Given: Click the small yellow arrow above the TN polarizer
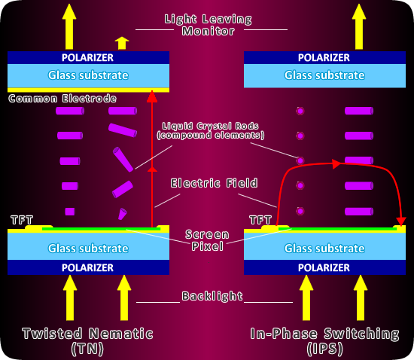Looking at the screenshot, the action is point(122,43).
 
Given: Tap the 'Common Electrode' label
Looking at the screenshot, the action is point(62,99).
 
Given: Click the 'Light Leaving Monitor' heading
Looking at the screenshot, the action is point(209,25).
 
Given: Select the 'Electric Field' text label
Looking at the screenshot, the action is point(214,183).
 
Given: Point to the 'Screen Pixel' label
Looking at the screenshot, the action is point(207,240).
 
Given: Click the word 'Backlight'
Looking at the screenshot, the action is point(212,296).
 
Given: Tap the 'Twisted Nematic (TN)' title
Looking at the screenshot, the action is point(87,341).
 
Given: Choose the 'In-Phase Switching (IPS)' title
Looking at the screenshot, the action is point(324,341).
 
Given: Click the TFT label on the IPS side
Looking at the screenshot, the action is point(260,220).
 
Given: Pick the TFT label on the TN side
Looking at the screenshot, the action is point(22,220).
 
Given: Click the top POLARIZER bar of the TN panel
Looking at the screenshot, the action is point(88,57).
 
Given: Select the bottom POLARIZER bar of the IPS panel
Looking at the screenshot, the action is point(324,267).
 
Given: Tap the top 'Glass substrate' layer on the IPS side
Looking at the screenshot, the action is point(324,76).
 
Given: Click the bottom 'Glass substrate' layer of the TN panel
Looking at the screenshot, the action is point(88,248).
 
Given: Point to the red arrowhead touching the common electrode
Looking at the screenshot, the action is point(152,96).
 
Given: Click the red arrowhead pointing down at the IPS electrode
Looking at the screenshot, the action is point(401,221).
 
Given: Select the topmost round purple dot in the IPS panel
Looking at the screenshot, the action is point(300,111).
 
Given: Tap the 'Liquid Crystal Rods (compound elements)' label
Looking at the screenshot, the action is point(211,130).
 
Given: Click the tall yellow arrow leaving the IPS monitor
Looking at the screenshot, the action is point(359,26).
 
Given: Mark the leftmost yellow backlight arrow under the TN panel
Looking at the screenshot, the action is point(70,297).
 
